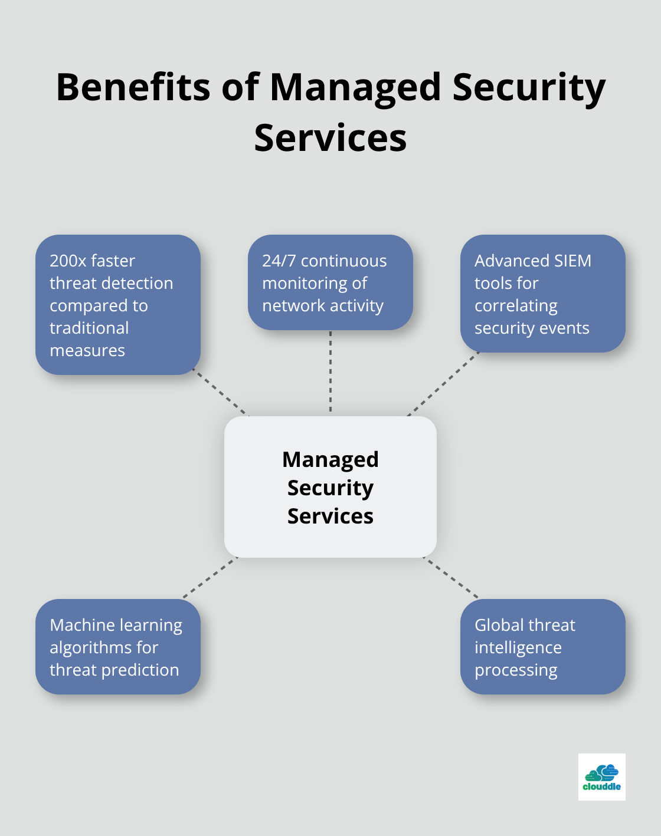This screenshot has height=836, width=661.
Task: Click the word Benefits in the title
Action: (133, 87)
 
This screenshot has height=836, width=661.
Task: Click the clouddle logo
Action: (601, 776)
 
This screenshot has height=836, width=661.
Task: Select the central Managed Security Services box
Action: (330, 487)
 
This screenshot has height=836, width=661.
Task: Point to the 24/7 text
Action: (279, 261)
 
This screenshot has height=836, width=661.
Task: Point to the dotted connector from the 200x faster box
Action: (221, 393)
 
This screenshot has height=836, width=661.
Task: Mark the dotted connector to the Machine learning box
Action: (210, 578)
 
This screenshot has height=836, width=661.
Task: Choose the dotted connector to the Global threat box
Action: (451, 578)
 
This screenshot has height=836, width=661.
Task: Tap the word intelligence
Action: (518, 648)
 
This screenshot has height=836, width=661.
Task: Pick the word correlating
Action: (516, 306)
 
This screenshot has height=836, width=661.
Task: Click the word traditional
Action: (89, 328)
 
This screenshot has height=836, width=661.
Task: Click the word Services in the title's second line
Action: (330, 138)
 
